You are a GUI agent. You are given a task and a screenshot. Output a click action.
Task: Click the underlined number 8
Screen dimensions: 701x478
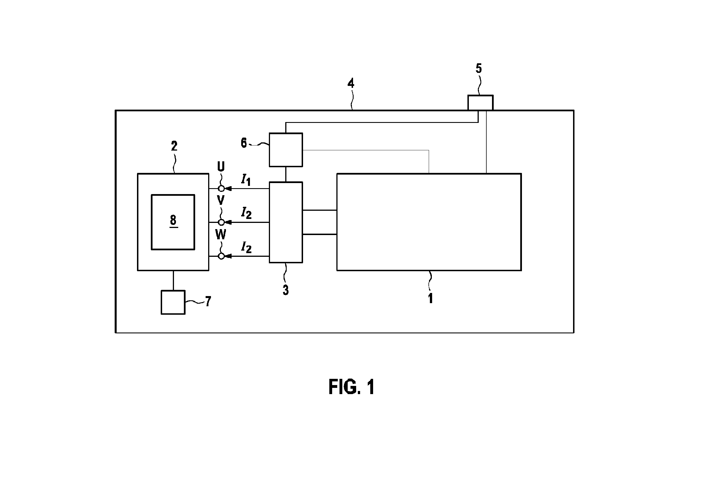(x=173, y=221)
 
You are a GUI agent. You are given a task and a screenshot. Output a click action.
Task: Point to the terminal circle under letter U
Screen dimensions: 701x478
(x=221, y=189)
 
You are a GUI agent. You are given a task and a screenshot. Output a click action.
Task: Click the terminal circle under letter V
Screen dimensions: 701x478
(x=221, y=222)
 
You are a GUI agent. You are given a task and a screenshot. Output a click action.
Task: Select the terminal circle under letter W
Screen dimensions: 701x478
(x=221, y=256)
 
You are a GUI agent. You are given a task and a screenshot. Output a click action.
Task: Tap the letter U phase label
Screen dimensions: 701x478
(x=221, y=166)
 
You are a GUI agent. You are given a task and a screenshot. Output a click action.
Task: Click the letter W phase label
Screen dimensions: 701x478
(x=221, y=234)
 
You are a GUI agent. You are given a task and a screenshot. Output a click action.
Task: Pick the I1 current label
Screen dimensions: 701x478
(x=246, y=180)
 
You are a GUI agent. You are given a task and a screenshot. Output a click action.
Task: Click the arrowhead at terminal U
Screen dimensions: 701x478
(x=228, y=189)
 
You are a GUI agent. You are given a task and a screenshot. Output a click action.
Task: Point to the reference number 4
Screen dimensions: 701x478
(x=350, y=83)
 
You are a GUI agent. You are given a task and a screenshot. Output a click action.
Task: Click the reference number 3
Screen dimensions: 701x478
(x=285, y=290)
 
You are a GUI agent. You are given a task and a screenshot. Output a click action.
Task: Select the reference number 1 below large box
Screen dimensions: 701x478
(x=430, y=298)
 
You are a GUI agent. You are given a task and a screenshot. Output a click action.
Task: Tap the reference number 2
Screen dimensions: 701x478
(x=174, y=146)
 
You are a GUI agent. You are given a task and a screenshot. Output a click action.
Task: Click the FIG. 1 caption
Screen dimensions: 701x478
(x=352, y=387)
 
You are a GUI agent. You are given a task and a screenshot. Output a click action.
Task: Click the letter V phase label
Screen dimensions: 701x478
(x=221, y=200)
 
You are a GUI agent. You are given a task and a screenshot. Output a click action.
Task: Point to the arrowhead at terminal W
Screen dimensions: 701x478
(x=228, y=256)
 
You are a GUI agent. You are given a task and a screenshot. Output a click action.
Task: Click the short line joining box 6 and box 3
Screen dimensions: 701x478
(x=286, y=174)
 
